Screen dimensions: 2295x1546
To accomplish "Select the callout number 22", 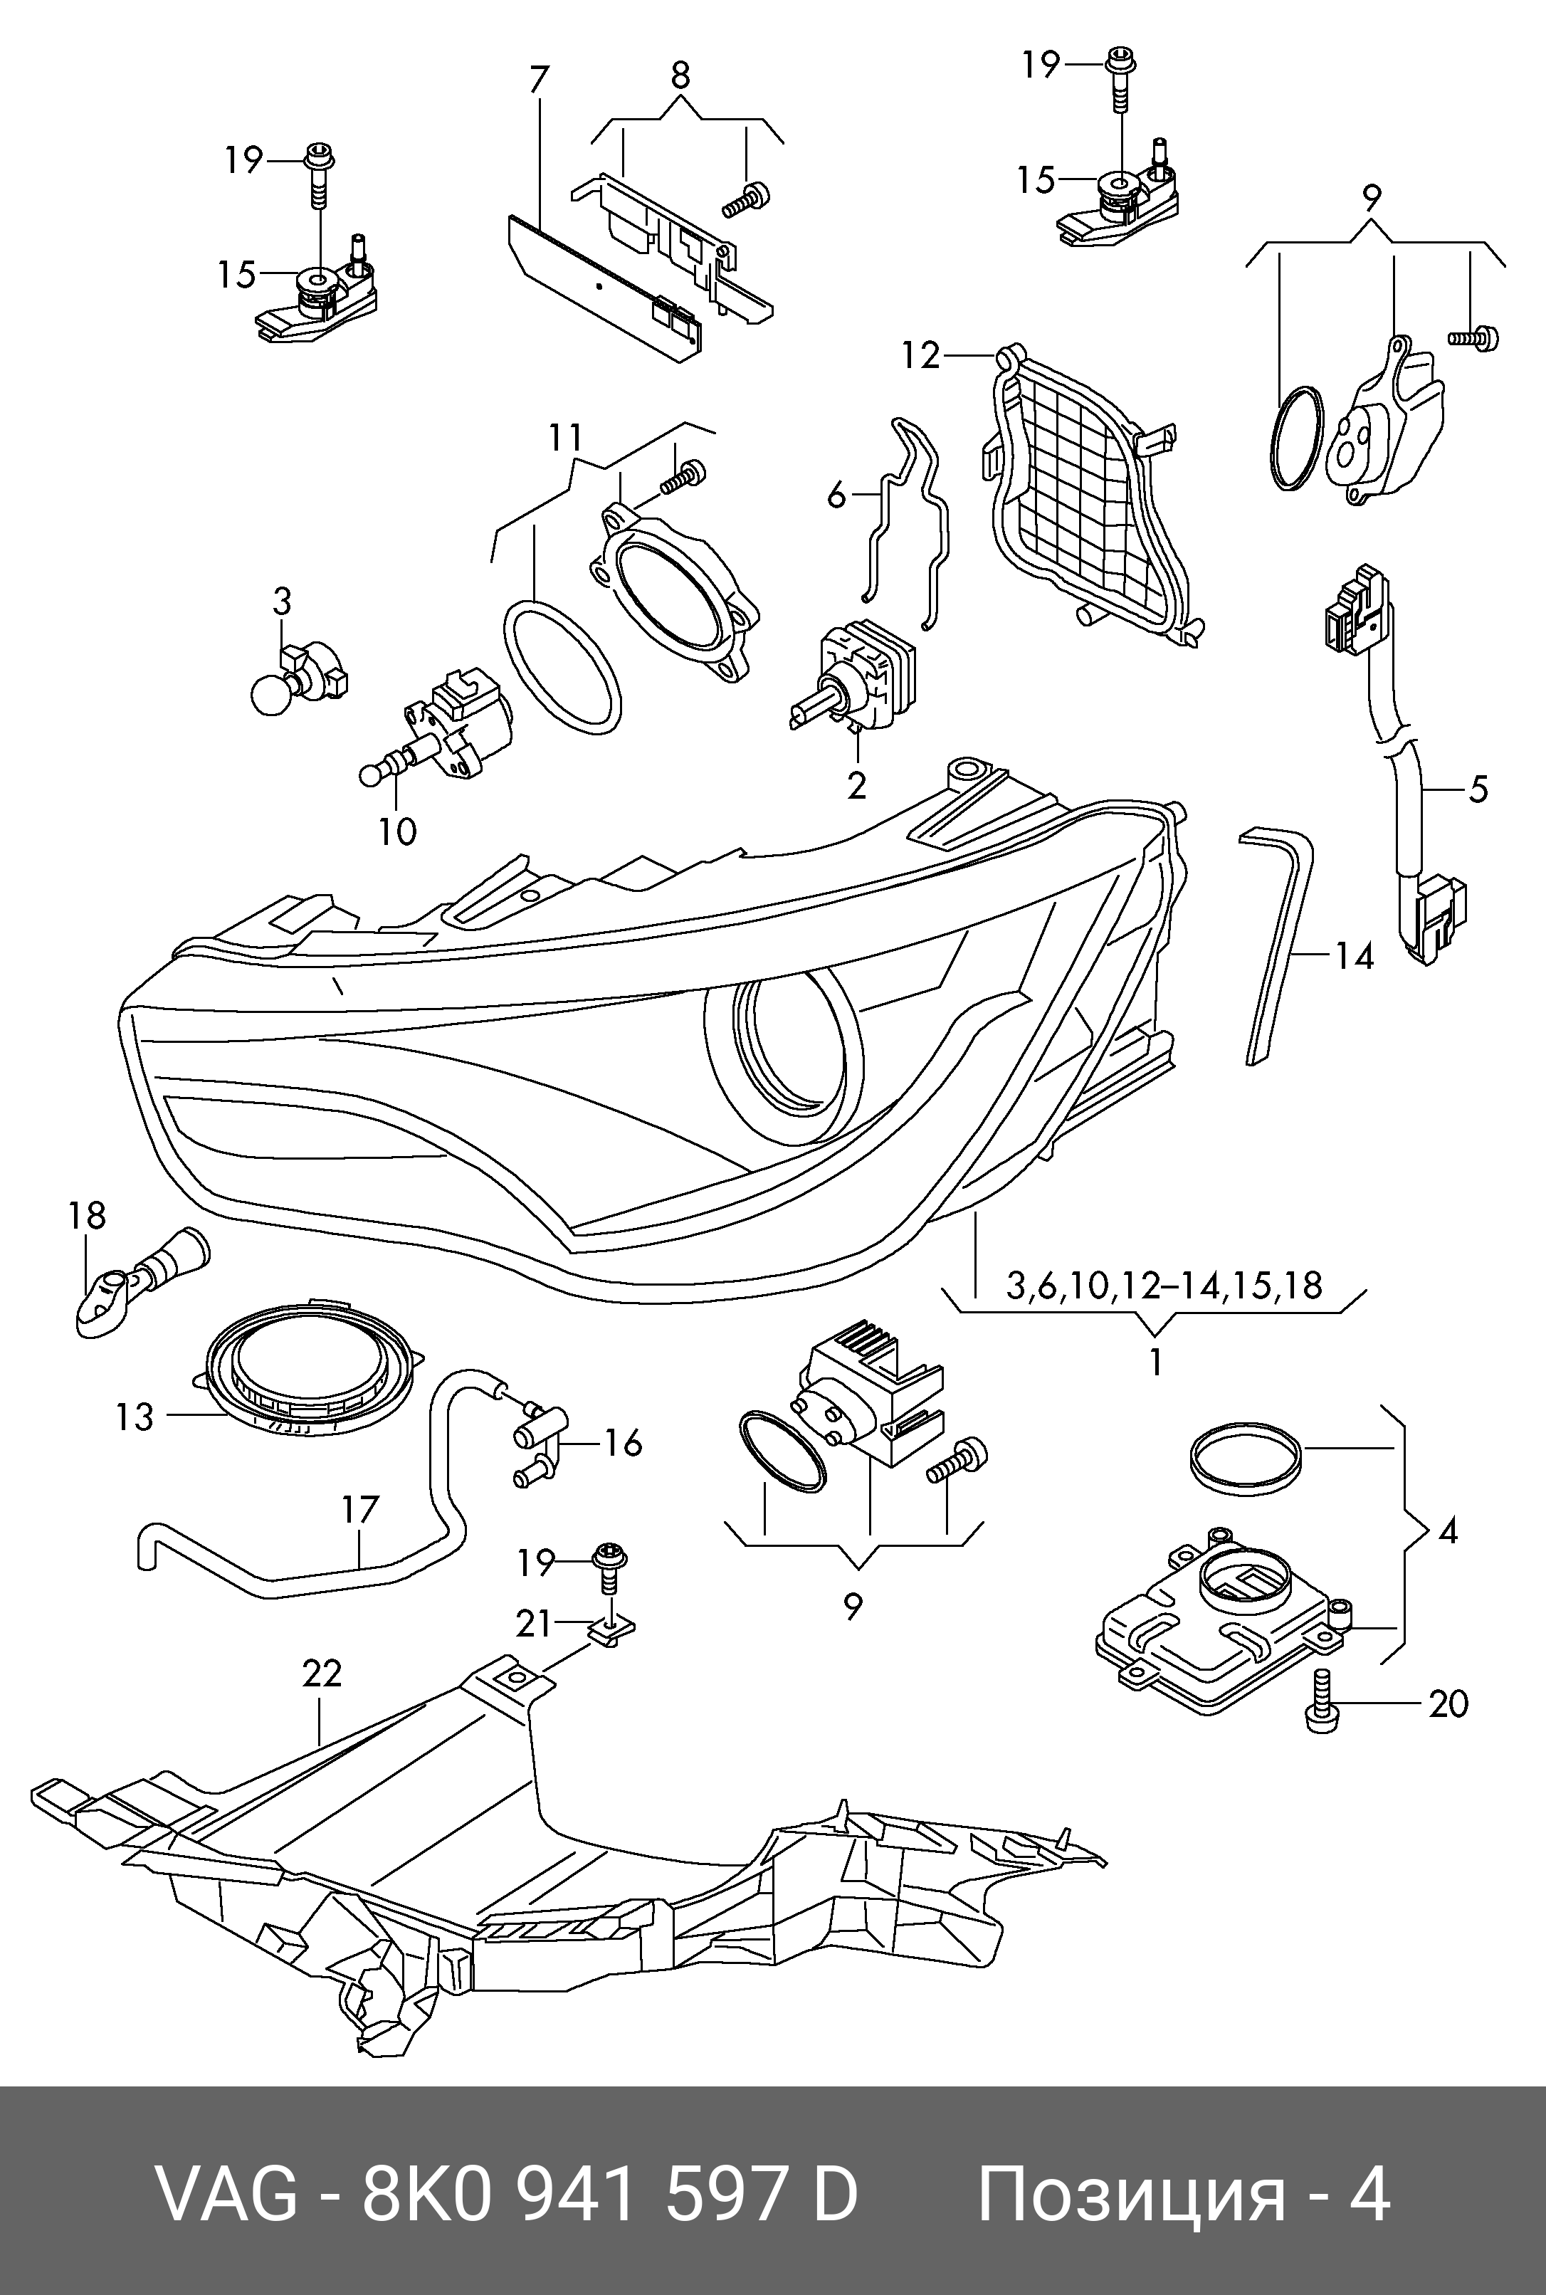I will click(x=322, y=1673).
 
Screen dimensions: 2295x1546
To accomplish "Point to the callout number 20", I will click(x=1448, y=1703).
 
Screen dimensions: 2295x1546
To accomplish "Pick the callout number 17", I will click(x=360, y=1509).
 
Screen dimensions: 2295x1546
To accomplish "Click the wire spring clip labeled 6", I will click(x=902, y=522).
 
